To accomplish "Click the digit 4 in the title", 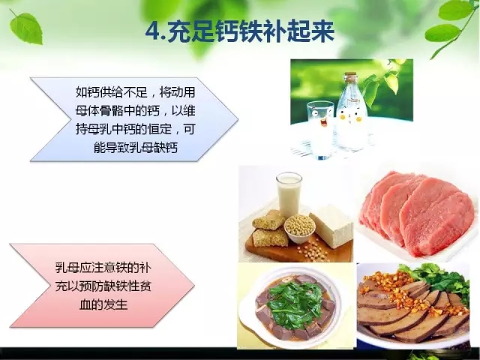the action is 152,31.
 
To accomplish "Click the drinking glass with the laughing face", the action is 320,129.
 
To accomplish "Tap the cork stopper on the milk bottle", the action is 350,75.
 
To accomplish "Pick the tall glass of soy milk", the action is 289,194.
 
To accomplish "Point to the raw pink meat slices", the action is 418,213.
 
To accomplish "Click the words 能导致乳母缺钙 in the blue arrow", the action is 136,148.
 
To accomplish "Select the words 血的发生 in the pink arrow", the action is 103,304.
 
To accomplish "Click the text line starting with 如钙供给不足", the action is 135,92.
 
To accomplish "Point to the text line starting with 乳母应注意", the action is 103,268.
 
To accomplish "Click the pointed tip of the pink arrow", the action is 193,286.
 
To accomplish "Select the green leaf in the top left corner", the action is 25,28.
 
